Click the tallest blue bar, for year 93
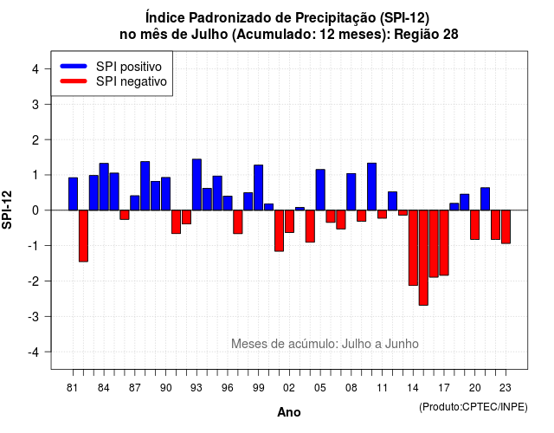(196, 184)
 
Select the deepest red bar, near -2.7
(423, 258)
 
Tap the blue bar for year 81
(73, 194)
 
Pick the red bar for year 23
(506, 227)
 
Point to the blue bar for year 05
(320, 190)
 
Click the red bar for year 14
(413, 248)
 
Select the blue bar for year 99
(259, 188)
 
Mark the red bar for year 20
(475, 225)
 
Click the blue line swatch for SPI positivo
(74, 66)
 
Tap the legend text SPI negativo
(132, 81)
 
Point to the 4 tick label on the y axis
(35, 68)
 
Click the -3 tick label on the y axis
(34, 316)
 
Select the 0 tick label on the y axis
(35, 210)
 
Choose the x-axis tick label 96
(228, 388)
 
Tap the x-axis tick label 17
(444, 388)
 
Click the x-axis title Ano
(289, 412)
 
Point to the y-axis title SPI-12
(7, 210)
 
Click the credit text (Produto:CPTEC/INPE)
(473, 407)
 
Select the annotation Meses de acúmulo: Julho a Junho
(325, 344)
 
